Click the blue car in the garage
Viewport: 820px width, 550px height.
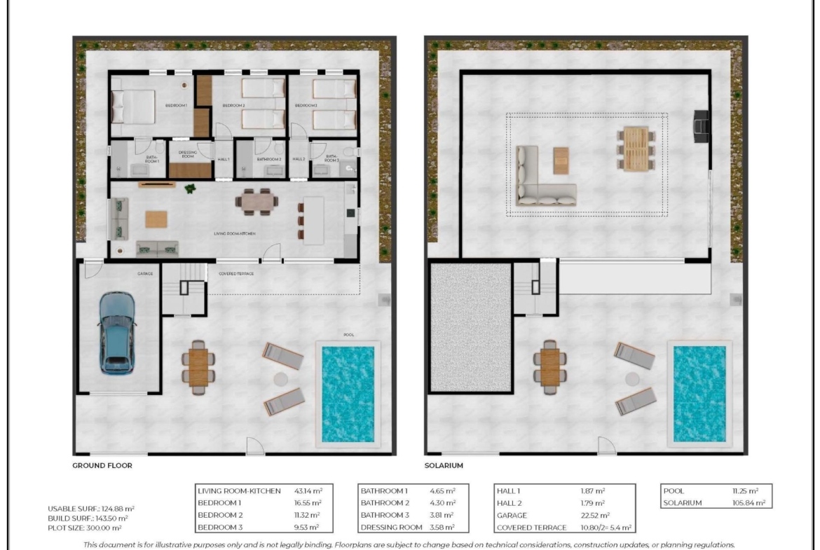pos(117,332)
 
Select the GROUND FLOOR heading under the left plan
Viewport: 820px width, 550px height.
pos(102,465)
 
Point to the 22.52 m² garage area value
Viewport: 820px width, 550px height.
pos(593,515)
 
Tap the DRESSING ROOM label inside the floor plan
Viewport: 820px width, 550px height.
pos(188,154)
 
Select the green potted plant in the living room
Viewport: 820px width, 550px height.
pos(190,188)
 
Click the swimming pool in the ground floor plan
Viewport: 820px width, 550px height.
pos(348,394)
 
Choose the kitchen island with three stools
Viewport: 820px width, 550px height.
pos(313,219)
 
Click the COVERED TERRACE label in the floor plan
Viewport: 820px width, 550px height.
pos(236,274)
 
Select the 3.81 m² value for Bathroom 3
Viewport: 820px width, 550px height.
pos(442,515)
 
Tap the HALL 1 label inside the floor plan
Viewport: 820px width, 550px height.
pos(224,160)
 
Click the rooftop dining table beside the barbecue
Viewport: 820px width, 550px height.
pos(636,148)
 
